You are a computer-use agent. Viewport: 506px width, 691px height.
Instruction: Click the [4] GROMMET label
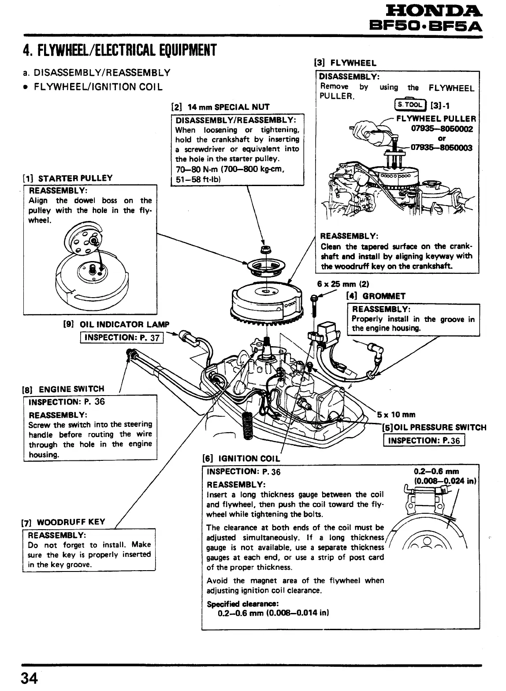pos(376,296)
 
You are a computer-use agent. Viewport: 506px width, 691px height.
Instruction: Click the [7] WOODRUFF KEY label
pos(63,522)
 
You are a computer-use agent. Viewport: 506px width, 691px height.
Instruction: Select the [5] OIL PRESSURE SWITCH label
pos(434,427)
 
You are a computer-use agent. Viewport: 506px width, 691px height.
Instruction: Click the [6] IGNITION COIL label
pos(241,458)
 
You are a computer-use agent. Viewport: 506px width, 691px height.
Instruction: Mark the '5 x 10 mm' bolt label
pos(396,415)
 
